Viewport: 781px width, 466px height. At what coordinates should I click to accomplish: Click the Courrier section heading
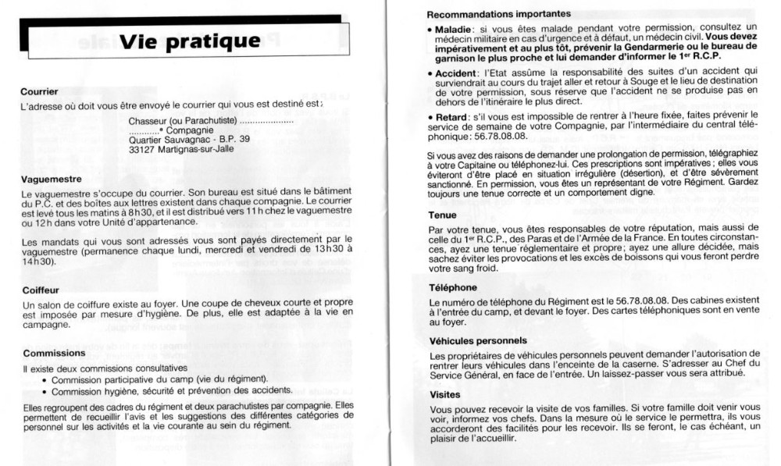click(x=40, y=91)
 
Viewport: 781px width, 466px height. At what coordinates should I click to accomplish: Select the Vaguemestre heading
click(x=52, y=178)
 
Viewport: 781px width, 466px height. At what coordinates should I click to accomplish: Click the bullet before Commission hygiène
click(x=46, y=390)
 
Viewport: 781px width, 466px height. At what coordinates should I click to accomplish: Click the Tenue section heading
click(x=443, y=214)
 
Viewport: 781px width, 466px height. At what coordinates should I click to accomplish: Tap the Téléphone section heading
click(x=453, y=287)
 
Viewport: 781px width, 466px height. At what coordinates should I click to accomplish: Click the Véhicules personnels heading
click(x=478, y=340)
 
